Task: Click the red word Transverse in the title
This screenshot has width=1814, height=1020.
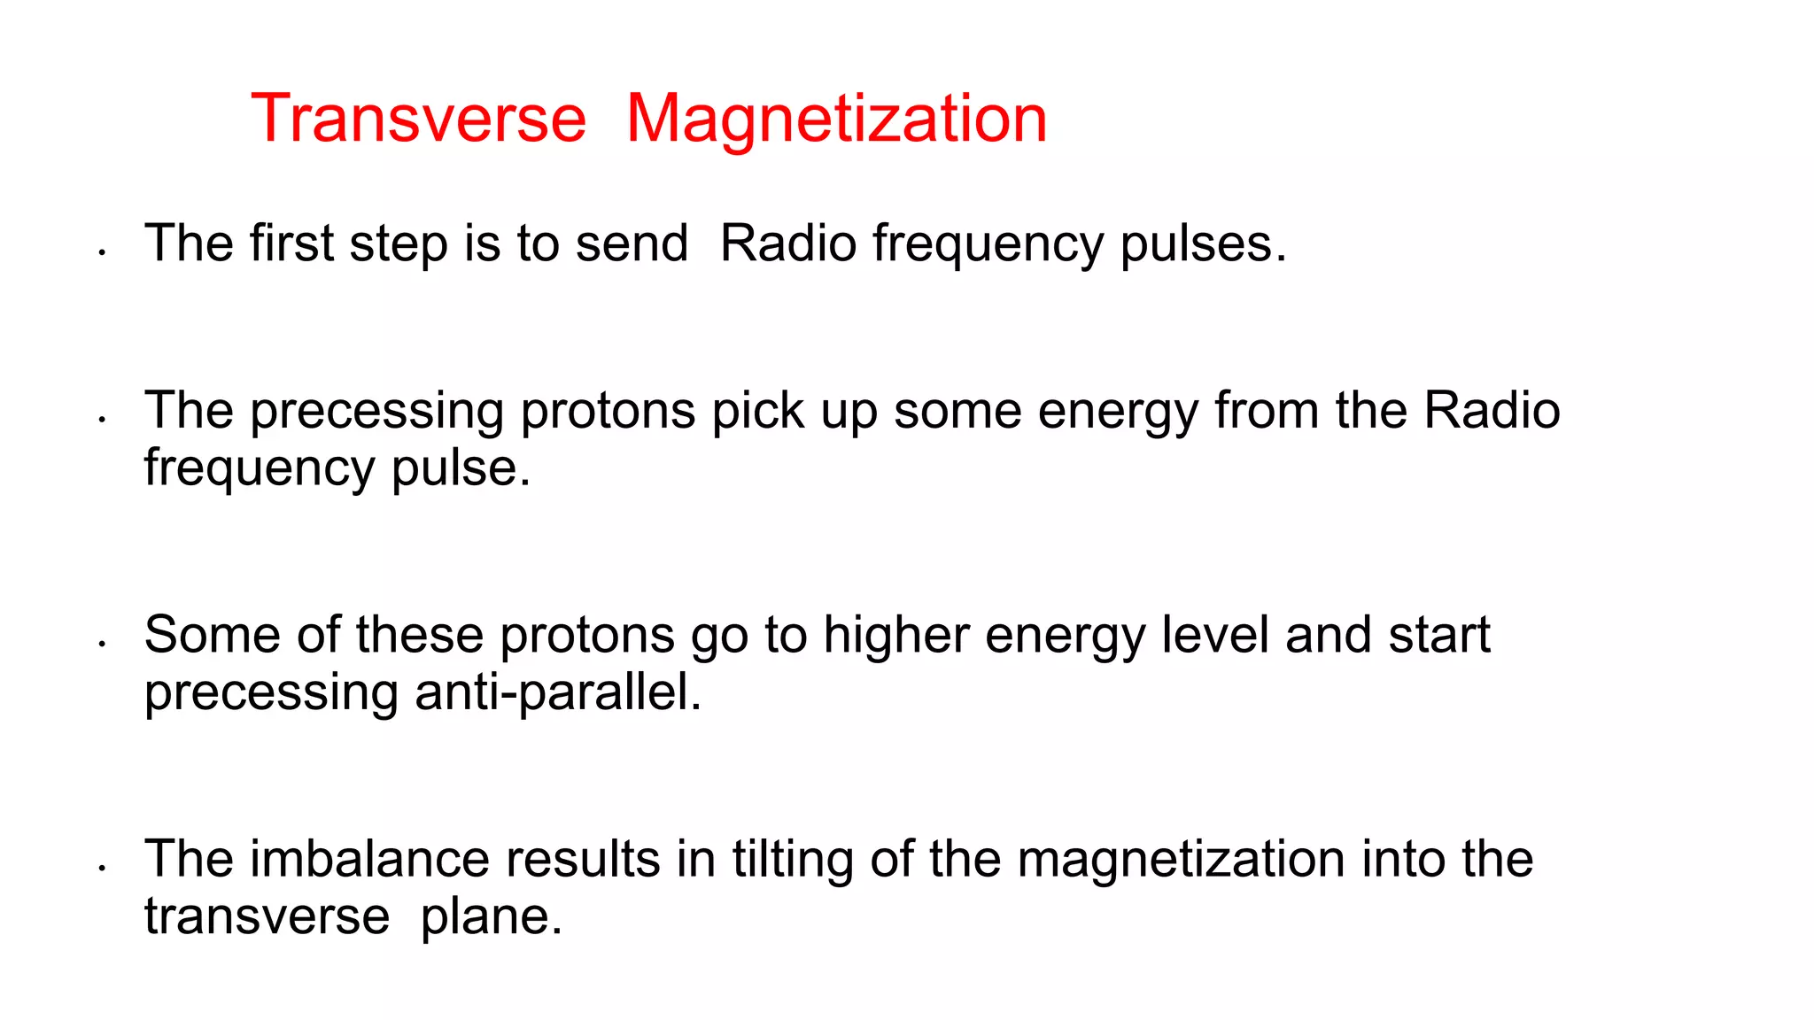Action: pyautogui.click(x=418, y=119)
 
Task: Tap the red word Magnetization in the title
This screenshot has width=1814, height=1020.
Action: pyautogui.click(x=836, y=119)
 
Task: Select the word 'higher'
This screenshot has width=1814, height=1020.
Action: pyautogui.click(x=895, y=636)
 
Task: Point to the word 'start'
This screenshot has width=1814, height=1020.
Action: pyautogui.click(x=1439, y=635)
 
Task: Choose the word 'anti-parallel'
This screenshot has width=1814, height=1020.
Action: pyautogui.click(x=557, y=692)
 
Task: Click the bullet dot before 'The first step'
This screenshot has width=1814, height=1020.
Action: pyautogui.click(x=103, y=253)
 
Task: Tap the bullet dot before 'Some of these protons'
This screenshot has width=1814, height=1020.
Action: pyautogui.click(x=103, y=645)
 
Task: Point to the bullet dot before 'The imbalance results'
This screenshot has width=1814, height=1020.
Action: pyautogui.click(x=103, y=869)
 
